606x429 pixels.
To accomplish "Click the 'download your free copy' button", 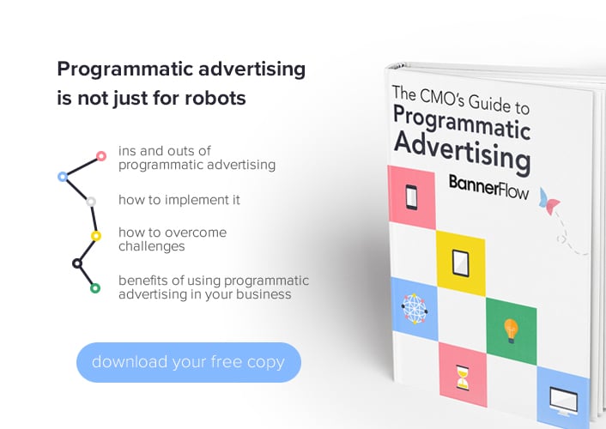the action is (189, 362).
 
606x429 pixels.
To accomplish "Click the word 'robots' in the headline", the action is (215, 98).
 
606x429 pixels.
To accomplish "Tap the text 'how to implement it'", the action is (179, 200).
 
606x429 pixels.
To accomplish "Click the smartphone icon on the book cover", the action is (411, 197).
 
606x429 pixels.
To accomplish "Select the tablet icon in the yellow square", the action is (460, 263).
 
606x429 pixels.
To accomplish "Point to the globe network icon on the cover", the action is (414, 309).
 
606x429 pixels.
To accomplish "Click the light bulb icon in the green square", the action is (511, 331).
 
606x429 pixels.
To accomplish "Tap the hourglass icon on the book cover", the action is (463, 378).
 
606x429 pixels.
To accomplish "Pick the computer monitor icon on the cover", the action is (563, 402).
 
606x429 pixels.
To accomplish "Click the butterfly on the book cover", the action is (549, 202).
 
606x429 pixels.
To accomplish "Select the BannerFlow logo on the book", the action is (488, 187).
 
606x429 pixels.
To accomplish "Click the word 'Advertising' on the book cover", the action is (463, 152).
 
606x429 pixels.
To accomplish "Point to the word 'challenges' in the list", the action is (151, 246).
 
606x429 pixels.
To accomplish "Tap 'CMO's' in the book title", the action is (442, 97).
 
